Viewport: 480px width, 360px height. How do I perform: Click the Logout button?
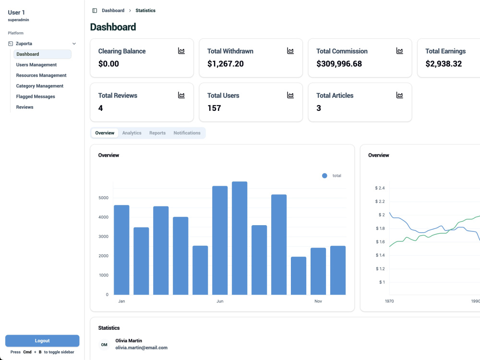pyautogui.click(x=42, y=341)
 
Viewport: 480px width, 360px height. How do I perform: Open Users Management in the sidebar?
pyautogui.click(x=36, y=65)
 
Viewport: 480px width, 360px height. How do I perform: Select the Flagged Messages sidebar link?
pyautogui.click(x=36, y=96)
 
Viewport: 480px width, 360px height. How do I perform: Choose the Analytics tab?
pyautogui.click(x=132, y=133)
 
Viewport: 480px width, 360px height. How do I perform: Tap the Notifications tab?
pyautogui.click(x=187, y=133)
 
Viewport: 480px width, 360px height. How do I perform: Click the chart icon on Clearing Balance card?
pyautogui.click(x=181, y=51)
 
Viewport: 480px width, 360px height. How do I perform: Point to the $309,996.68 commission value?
pyautogui.click(x=339, y=64)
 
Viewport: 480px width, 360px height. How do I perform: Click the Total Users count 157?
pyautogui.click(x=214, y=108)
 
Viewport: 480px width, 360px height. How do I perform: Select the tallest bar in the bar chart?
pyautogui.click(x=240, y=238)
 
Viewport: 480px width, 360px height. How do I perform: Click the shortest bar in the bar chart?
pyautogui.click(x=299, y=276)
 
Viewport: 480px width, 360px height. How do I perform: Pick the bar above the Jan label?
pyautogui.click(x=121, y=250)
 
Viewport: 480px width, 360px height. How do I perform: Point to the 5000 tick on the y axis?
pyautogui.click(x=104, y=198)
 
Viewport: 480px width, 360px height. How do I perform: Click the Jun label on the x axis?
pyautogui.click(x=220, y=301)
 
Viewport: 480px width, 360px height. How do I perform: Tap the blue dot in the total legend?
pyautogui.click(x=324, y=176)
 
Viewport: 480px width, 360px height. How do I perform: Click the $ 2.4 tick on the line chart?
pyautogui.click(x=380, y=188)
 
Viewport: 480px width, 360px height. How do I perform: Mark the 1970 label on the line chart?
pyautogui.click(x=389, y=301)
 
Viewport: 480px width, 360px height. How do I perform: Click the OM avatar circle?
pyautogui.click(x=104, y=345)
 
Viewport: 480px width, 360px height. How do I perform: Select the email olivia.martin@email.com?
pyautogui.click(x=142, y=348)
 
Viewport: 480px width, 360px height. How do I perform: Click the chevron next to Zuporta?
pyautogui.click(x=74, y=44)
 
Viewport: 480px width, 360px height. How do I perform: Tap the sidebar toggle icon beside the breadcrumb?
pyautogui.click(x=95, y=11)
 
